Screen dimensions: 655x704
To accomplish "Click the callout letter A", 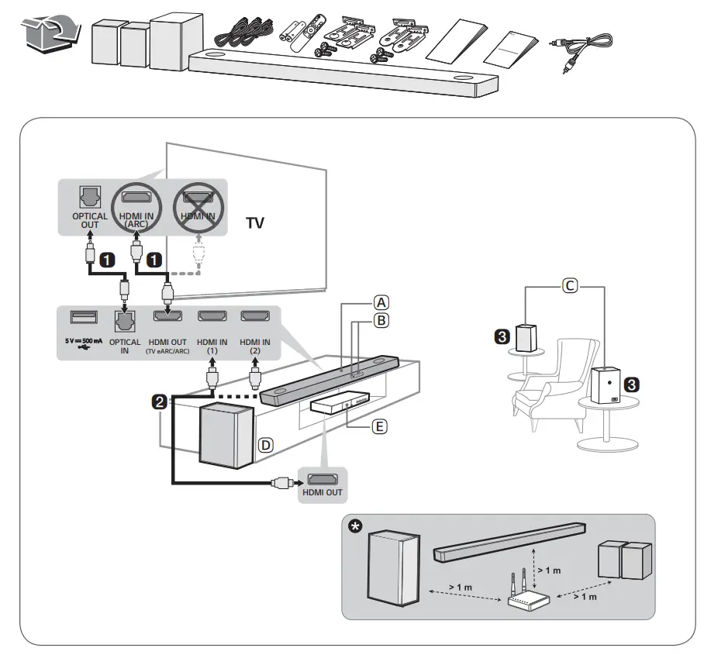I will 381,302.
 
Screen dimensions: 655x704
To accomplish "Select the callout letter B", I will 381,319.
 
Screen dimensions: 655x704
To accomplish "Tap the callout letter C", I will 568,286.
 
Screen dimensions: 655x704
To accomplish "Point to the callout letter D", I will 265,446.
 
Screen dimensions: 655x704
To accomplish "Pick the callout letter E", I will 380,426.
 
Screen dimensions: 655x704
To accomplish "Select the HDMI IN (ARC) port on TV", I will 136,199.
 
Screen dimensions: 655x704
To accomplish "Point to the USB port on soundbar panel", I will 83,317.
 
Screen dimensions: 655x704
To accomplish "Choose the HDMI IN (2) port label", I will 254,346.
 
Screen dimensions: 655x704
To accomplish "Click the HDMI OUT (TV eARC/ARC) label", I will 168,346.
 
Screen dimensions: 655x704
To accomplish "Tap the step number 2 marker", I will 159,402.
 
